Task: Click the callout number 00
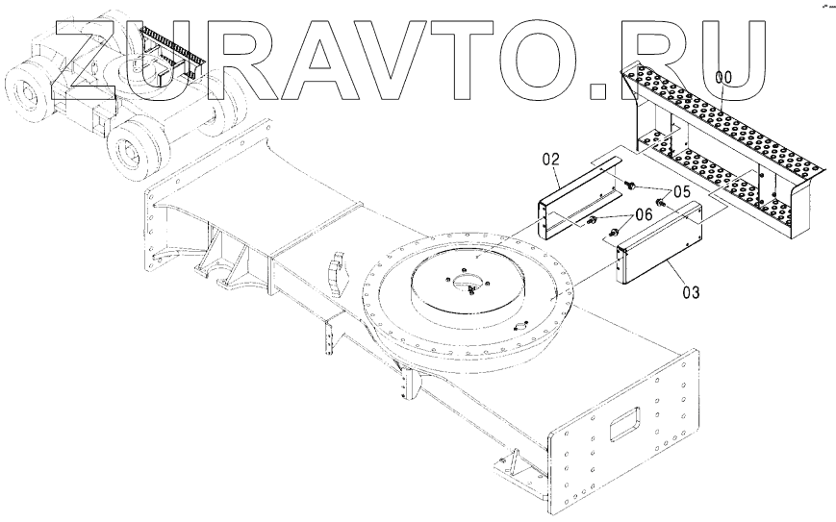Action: [x=723, y=76]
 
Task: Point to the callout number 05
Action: [x=681, y=191]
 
